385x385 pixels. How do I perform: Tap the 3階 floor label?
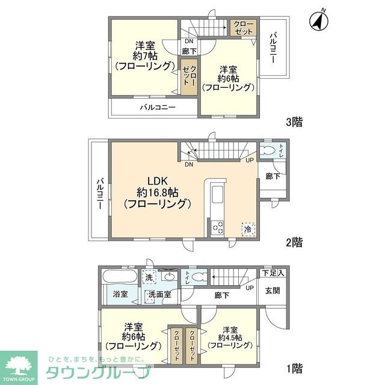[294, 122]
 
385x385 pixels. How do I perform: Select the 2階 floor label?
[294, 242]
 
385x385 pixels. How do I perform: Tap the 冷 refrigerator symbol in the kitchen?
[247, 229]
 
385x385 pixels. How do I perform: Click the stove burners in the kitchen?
[217, 228]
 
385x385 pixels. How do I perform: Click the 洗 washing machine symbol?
[149, 277]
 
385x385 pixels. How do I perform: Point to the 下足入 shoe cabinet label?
[274, 274]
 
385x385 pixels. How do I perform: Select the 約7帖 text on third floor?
[144, 55]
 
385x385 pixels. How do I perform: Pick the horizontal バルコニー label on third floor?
[158, 107]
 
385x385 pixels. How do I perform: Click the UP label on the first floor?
[250, 288]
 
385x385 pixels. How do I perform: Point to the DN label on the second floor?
[189, 164]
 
